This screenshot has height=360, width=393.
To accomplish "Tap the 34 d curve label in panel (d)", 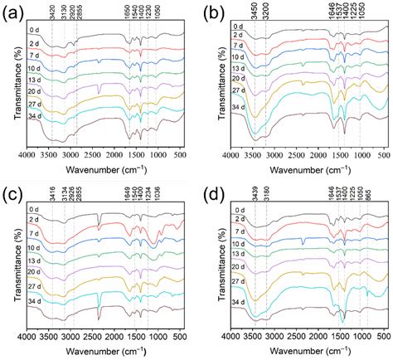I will coord(239,304).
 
